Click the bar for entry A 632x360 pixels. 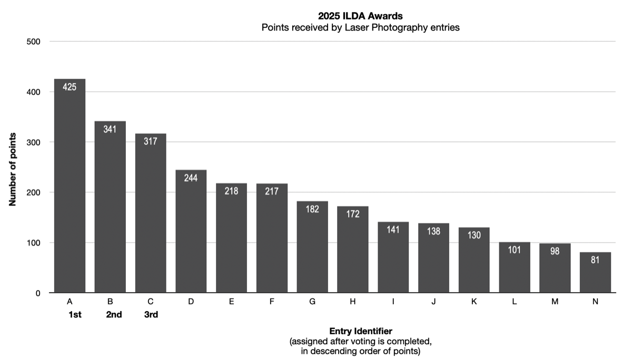(70, 189)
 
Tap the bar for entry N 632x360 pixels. (595, 274)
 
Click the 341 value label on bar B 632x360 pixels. (110, 129)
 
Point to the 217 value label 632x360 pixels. (272, 191)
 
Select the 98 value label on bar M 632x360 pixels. (555, 251)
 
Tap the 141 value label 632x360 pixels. (393, 229)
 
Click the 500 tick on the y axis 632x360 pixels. (34, 42)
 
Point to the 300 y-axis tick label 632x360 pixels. (34, 142)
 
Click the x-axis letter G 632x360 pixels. (312, 302)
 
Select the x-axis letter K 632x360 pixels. (474, 302)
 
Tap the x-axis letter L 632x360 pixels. (515, 302)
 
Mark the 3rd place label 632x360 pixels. (151, 315)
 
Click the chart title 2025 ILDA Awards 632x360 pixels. (361, 16)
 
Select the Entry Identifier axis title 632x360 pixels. (361, 332)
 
